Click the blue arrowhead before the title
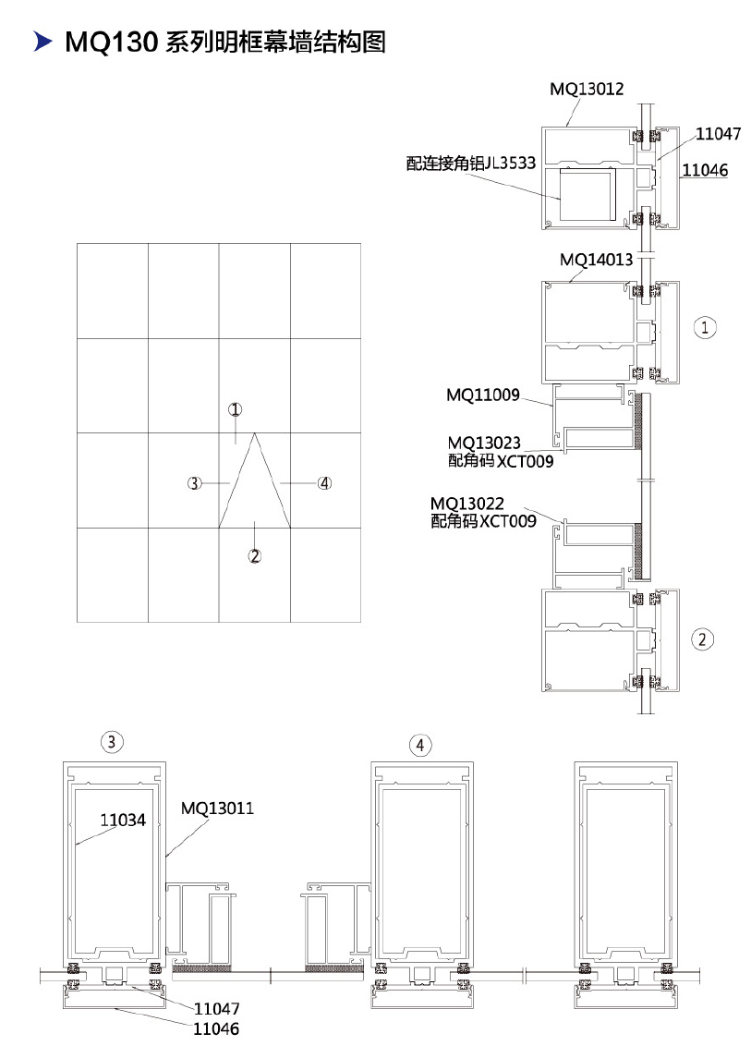[x=42, y=42]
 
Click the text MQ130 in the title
[x=111, y=43]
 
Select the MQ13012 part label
[x=587, y=89]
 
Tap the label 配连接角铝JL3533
[x=470, y=164]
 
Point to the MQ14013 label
[x=597, y=259]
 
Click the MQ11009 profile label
[x=483, y=395]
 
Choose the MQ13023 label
[x=484, y=443]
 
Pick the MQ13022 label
[x=466, y=504]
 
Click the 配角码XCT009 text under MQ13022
[x=483, y=521]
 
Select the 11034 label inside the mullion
[x=123, y=820]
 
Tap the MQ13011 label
[x=217, y=809]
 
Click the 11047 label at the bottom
[x=216, y=1009]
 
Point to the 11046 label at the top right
[x=705, y=170]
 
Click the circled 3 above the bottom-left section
[x=112, y=742]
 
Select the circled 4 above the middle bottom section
[x=420, y=745]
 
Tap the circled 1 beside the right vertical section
[x=705, y=328]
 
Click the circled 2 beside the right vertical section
[x=702, y=639]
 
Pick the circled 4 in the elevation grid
[x=325, y=483]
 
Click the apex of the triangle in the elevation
[x=254, y=433]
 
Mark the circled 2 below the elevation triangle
[x=254, y=556]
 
